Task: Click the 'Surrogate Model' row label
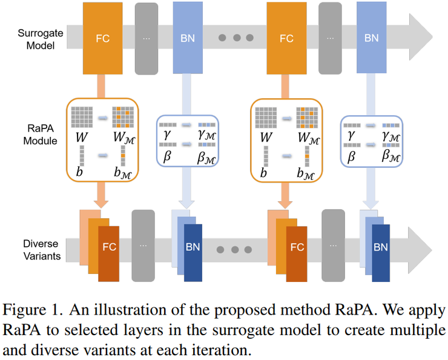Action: pos(36,38)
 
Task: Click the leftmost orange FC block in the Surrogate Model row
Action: pos(103,38)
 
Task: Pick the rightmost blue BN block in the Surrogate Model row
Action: pos(371,38)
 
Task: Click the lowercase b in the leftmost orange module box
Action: pos(80,172)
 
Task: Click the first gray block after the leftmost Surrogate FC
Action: pos(147,38)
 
